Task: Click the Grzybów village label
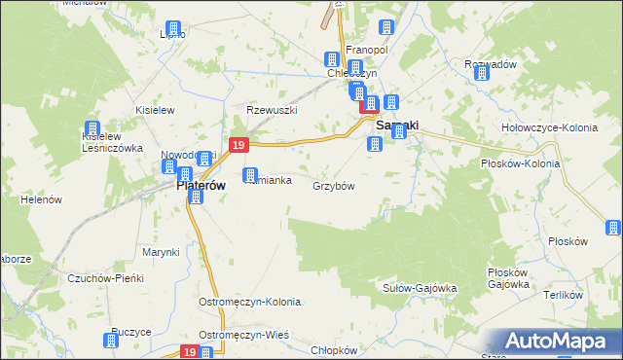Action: (332, 185)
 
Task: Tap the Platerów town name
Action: (201, 184)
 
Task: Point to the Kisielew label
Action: (155, 110)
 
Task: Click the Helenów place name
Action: (41, 199)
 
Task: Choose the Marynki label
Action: (161, 252)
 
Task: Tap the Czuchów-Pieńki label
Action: (105, 278)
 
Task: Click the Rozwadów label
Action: (490, 64)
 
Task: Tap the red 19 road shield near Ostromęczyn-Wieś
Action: (190, 351)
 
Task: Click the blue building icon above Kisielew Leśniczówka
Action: (92, 128)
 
